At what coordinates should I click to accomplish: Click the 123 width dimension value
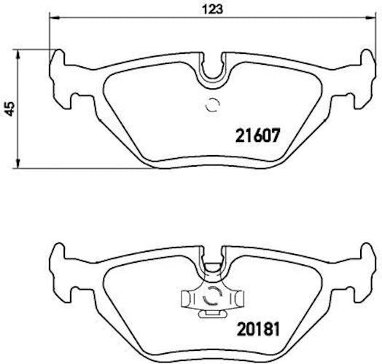click(x=212, y=9)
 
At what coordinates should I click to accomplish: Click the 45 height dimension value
click(x=10, y=108)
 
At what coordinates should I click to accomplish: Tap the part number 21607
click(x=257, y=135)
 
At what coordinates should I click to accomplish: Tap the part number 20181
click(x=259, y=329)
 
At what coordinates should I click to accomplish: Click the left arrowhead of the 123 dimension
click(x=55, y=17)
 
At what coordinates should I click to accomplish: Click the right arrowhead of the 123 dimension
click(x=371, y=17)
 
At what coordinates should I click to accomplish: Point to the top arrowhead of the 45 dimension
click(x=17, y=55)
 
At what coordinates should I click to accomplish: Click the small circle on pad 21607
click(x=212, y=106)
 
